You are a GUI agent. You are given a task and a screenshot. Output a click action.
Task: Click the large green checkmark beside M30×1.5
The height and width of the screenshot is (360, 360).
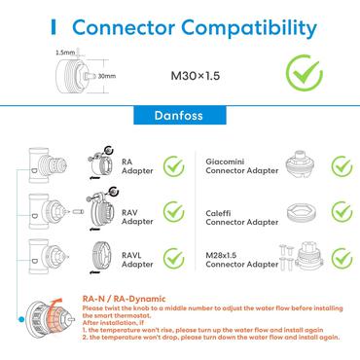click(x=303, y=72)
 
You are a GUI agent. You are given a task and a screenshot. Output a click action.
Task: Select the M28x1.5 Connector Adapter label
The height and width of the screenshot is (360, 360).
click(x=242, y=257)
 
